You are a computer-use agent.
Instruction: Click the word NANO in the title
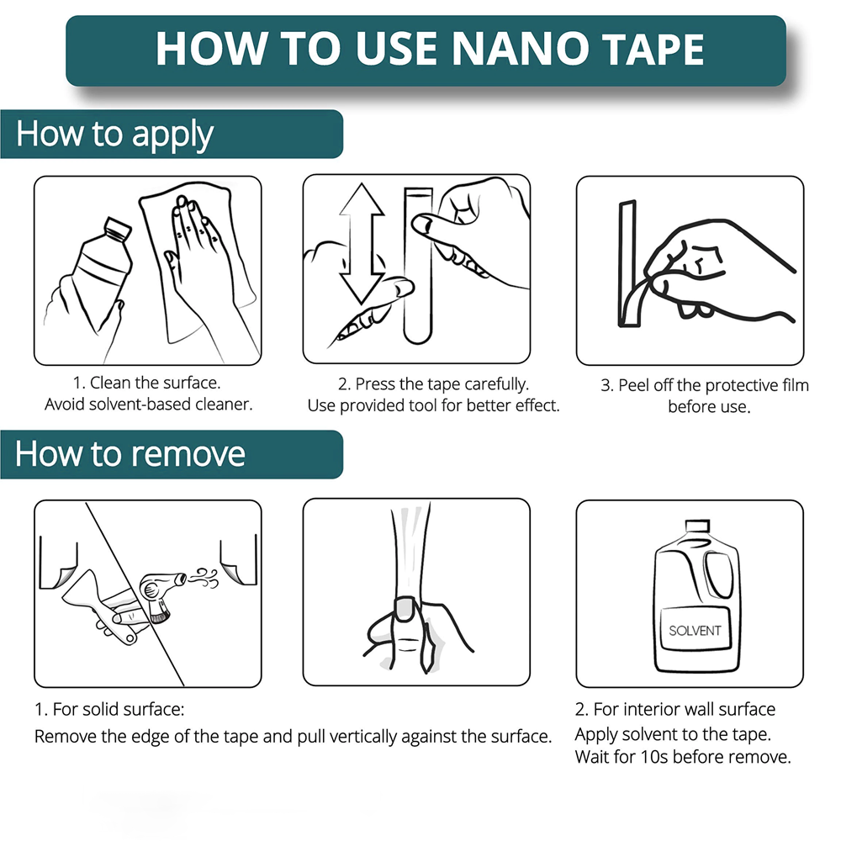pyautogui.click(x=519, y=49)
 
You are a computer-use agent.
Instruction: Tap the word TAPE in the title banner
pyautogui.click(x=653, y=49)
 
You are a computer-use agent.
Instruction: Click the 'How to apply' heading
pyautogui.click(x=114, y=135)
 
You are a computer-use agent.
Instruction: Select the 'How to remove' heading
pyautogui.click(x=130, y=454)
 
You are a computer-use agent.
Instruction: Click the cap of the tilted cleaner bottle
pyautogui.click(x=118, y=228)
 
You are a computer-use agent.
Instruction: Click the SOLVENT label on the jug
pyautogui.click(x=695, y=631)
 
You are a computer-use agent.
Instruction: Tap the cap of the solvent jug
pyautogui.click(x=697, y=526)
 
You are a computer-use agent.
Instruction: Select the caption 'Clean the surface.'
pyautogui.click(x=155, y=383)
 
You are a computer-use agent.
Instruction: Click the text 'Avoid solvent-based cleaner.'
pyautogui.click(x=149, y=404)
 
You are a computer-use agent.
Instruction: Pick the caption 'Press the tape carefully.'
pyautogui.click(x=442, y=383)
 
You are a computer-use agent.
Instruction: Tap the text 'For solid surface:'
pyautogui.click(x=119, y=709)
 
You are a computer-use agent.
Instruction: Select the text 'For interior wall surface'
pyautogui.click(x=685, y=709)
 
